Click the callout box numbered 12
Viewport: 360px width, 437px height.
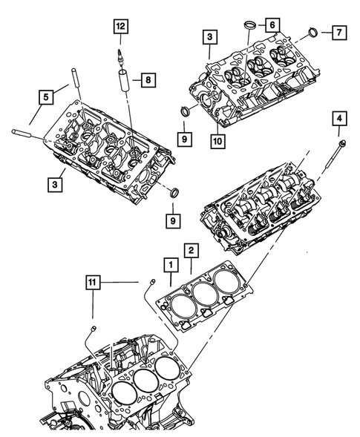point(120,27)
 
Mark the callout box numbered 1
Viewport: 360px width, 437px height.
point(170,264)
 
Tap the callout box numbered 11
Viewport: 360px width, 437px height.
point(91,282)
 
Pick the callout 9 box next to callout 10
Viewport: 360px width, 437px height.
point(183,138)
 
